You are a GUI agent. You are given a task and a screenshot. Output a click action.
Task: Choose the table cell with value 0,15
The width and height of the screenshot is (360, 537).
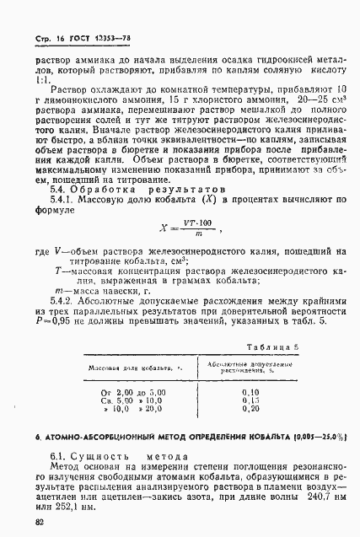(248, 401)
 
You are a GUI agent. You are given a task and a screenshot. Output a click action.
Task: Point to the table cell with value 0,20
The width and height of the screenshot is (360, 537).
(248, 411)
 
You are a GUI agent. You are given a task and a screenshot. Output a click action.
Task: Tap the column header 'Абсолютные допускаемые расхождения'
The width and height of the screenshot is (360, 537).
(248, 365)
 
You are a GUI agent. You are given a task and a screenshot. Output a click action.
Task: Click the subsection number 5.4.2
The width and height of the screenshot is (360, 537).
(64, 301)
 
